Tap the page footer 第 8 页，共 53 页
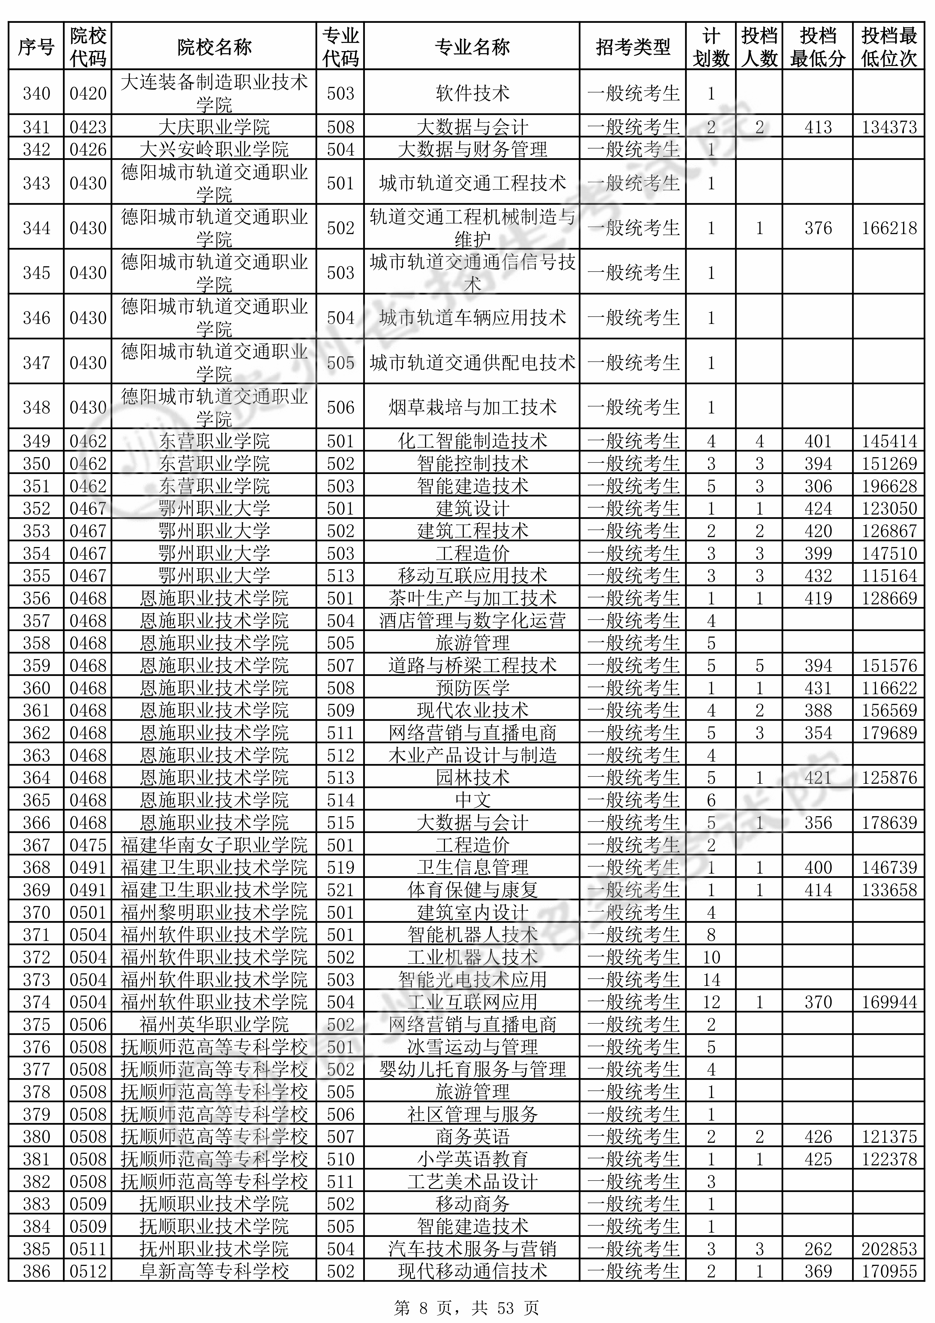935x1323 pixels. (x=467, y=1304)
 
